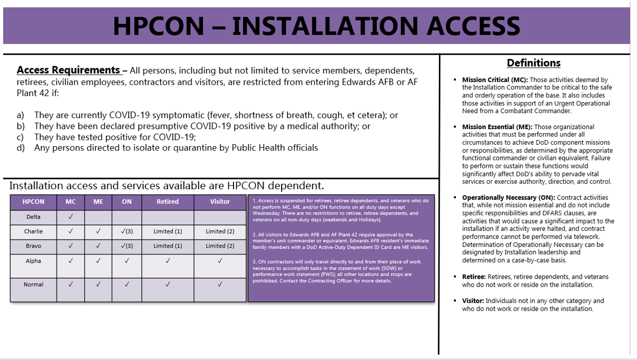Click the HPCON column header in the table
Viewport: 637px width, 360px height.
(33, 202)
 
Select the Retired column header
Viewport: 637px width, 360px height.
(168, 202)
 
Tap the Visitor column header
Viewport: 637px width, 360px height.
(220, 202)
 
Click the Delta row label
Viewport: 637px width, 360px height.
(33, 217)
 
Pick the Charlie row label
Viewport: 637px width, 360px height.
(33, 231)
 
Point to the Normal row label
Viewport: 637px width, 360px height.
(33, 284)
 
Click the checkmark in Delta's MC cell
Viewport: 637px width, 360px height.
(71, 217)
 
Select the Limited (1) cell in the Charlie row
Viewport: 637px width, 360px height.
(168, 231)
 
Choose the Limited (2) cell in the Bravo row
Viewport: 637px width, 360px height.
(220, 246)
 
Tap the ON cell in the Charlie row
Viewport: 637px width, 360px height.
(127, 231)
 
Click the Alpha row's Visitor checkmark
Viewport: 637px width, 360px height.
(220, 260)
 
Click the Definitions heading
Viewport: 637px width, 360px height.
(534, 63)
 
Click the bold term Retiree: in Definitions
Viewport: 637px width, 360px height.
(473, 276)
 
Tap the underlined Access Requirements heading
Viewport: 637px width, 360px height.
(69, 71)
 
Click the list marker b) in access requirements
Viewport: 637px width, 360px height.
(21, 126)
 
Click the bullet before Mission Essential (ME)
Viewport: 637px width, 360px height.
(456, 127)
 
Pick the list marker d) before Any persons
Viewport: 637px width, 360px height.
(21, 148)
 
